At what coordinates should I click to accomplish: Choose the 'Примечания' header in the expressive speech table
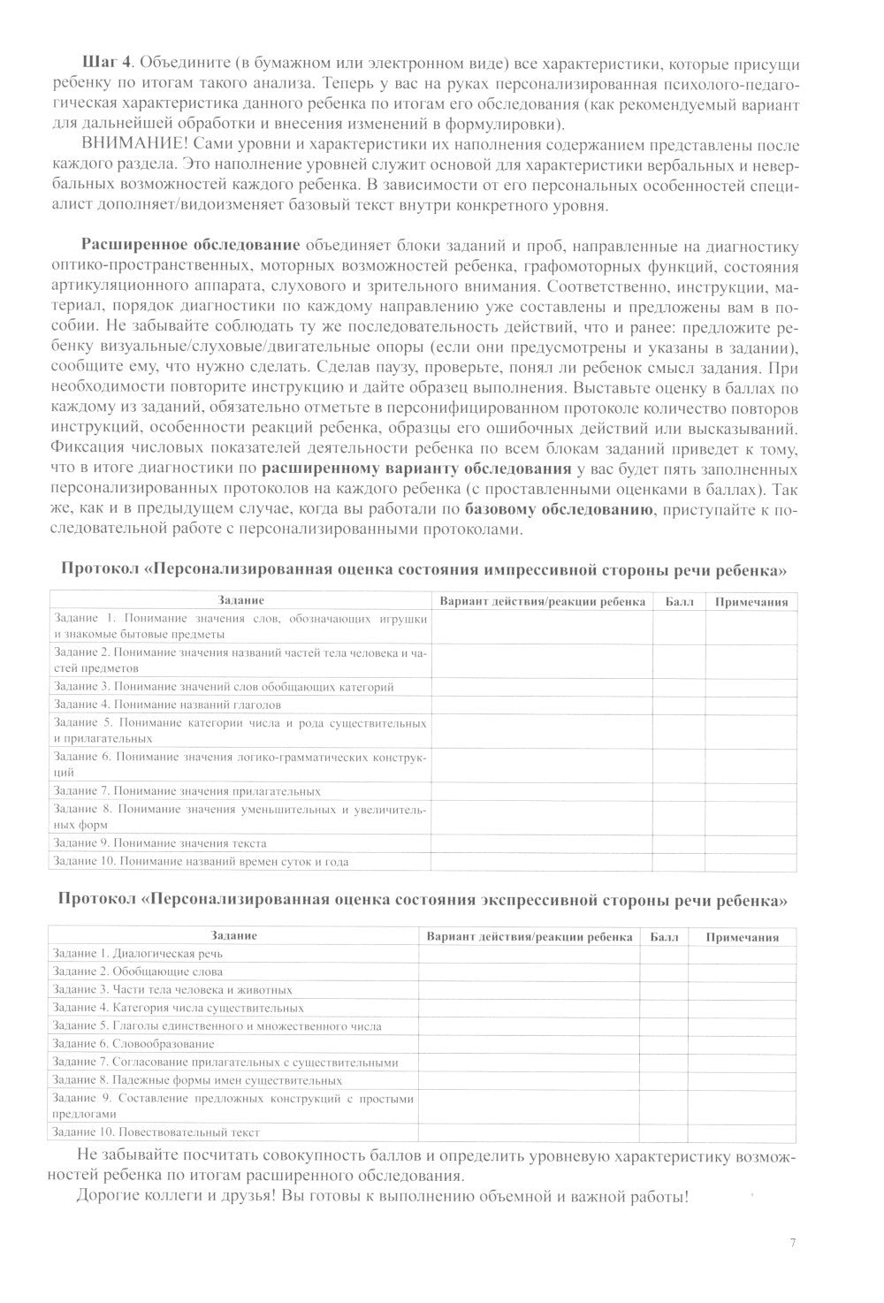(743, 937)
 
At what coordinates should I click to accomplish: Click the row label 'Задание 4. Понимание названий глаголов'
(167, 705)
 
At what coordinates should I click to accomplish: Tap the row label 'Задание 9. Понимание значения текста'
(159, 842)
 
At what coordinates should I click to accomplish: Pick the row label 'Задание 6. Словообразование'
(133, 1044)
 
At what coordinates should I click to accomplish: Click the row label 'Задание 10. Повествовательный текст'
(156, 1132)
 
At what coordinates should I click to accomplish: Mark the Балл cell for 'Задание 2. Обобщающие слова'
(664, 972)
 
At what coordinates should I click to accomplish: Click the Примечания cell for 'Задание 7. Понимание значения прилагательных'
(751, 791)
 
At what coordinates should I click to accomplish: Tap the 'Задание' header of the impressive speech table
(240, 601)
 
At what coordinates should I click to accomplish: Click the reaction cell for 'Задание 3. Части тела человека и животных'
(529, 990)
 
